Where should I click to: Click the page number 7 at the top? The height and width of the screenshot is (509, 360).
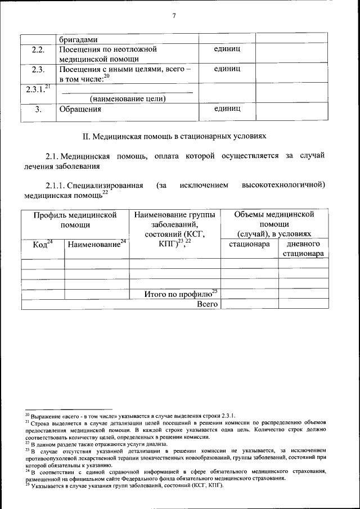174,16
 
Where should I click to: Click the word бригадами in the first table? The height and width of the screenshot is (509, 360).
79,40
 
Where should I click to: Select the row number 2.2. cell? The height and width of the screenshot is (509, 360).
38,49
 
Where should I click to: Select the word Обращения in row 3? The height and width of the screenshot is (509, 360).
76,110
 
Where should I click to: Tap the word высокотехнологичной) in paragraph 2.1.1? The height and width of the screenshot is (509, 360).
283,184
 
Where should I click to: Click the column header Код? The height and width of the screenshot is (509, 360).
42,245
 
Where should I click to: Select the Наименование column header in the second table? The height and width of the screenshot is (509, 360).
96,245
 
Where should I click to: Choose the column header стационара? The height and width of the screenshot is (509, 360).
249,245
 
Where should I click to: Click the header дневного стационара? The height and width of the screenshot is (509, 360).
303,249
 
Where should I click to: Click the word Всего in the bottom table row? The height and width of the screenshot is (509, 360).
206,304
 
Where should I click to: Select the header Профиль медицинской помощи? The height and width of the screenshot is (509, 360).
75,219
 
